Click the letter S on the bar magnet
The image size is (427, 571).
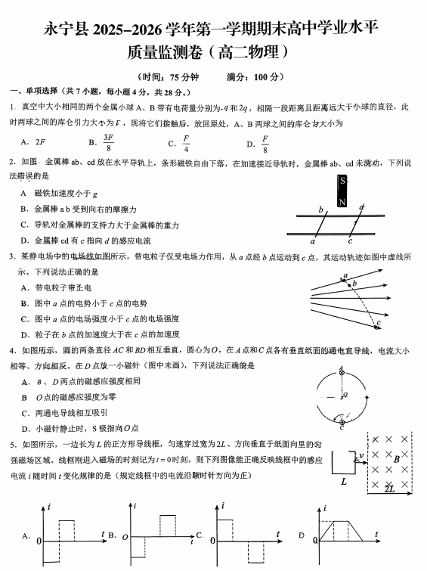(342, 182)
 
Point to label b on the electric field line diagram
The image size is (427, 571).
(353, 284)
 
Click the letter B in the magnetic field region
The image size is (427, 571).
(396, 458)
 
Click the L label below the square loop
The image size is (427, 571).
(344, 481)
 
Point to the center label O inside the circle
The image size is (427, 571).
(345, 395)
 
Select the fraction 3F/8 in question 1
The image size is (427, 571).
(109, 142)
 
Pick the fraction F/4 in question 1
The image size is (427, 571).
(185, 142)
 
